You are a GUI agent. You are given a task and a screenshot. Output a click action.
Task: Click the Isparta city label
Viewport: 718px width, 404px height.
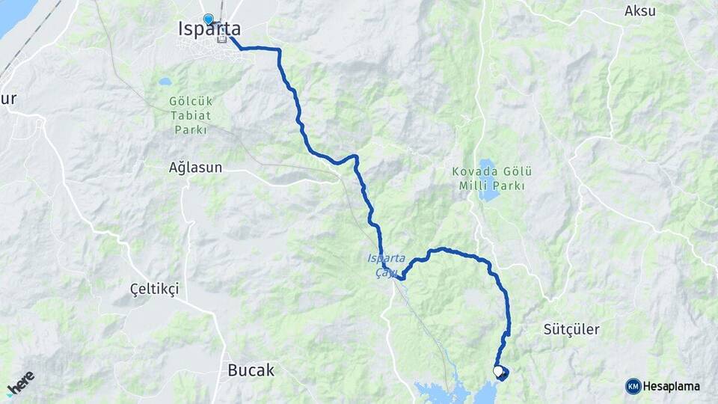[x=209, y=29]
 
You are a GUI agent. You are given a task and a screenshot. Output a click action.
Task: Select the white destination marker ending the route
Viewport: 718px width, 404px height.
[x=498, y=370]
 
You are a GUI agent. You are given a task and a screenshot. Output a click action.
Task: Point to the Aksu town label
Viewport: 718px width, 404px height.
[x=639, y=11]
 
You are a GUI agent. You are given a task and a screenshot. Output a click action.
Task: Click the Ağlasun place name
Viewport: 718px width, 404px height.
[x=195, y=168]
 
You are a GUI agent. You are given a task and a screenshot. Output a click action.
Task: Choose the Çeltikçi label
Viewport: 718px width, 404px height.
[x=154, y=290]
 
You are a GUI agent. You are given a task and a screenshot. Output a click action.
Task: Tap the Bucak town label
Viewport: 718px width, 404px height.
[x=251, y=370]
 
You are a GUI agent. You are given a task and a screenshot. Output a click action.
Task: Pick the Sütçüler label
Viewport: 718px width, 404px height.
[x=571, y=329]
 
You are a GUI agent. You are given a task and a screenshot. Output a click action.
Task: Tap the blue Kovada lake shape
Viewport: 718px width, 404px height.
[x=488, y=180]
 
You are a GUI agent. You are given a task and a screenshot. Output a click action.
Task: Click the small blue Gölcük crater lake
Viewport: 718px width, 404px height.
[x=165, y=82]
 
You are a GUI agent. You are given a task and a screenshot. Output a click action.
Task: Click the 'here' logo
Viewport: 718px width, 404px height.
[x=20, y=382]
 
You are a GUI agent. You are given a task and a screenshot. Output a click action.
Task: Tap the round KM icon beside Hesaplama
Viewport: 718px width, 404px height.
[x=633, y=386]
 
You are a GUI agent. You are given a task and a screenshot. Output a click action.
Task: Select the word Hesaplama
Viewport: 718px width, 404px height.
[x=671, y=386]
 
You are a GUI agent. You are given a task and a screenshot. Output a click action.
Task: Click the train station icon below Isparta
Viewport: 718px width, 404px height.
[x=221, y=39]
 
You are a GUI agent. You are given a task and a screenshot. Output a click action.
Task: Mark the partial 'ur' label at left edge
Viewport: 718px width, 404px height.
[x=7, y=98]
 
